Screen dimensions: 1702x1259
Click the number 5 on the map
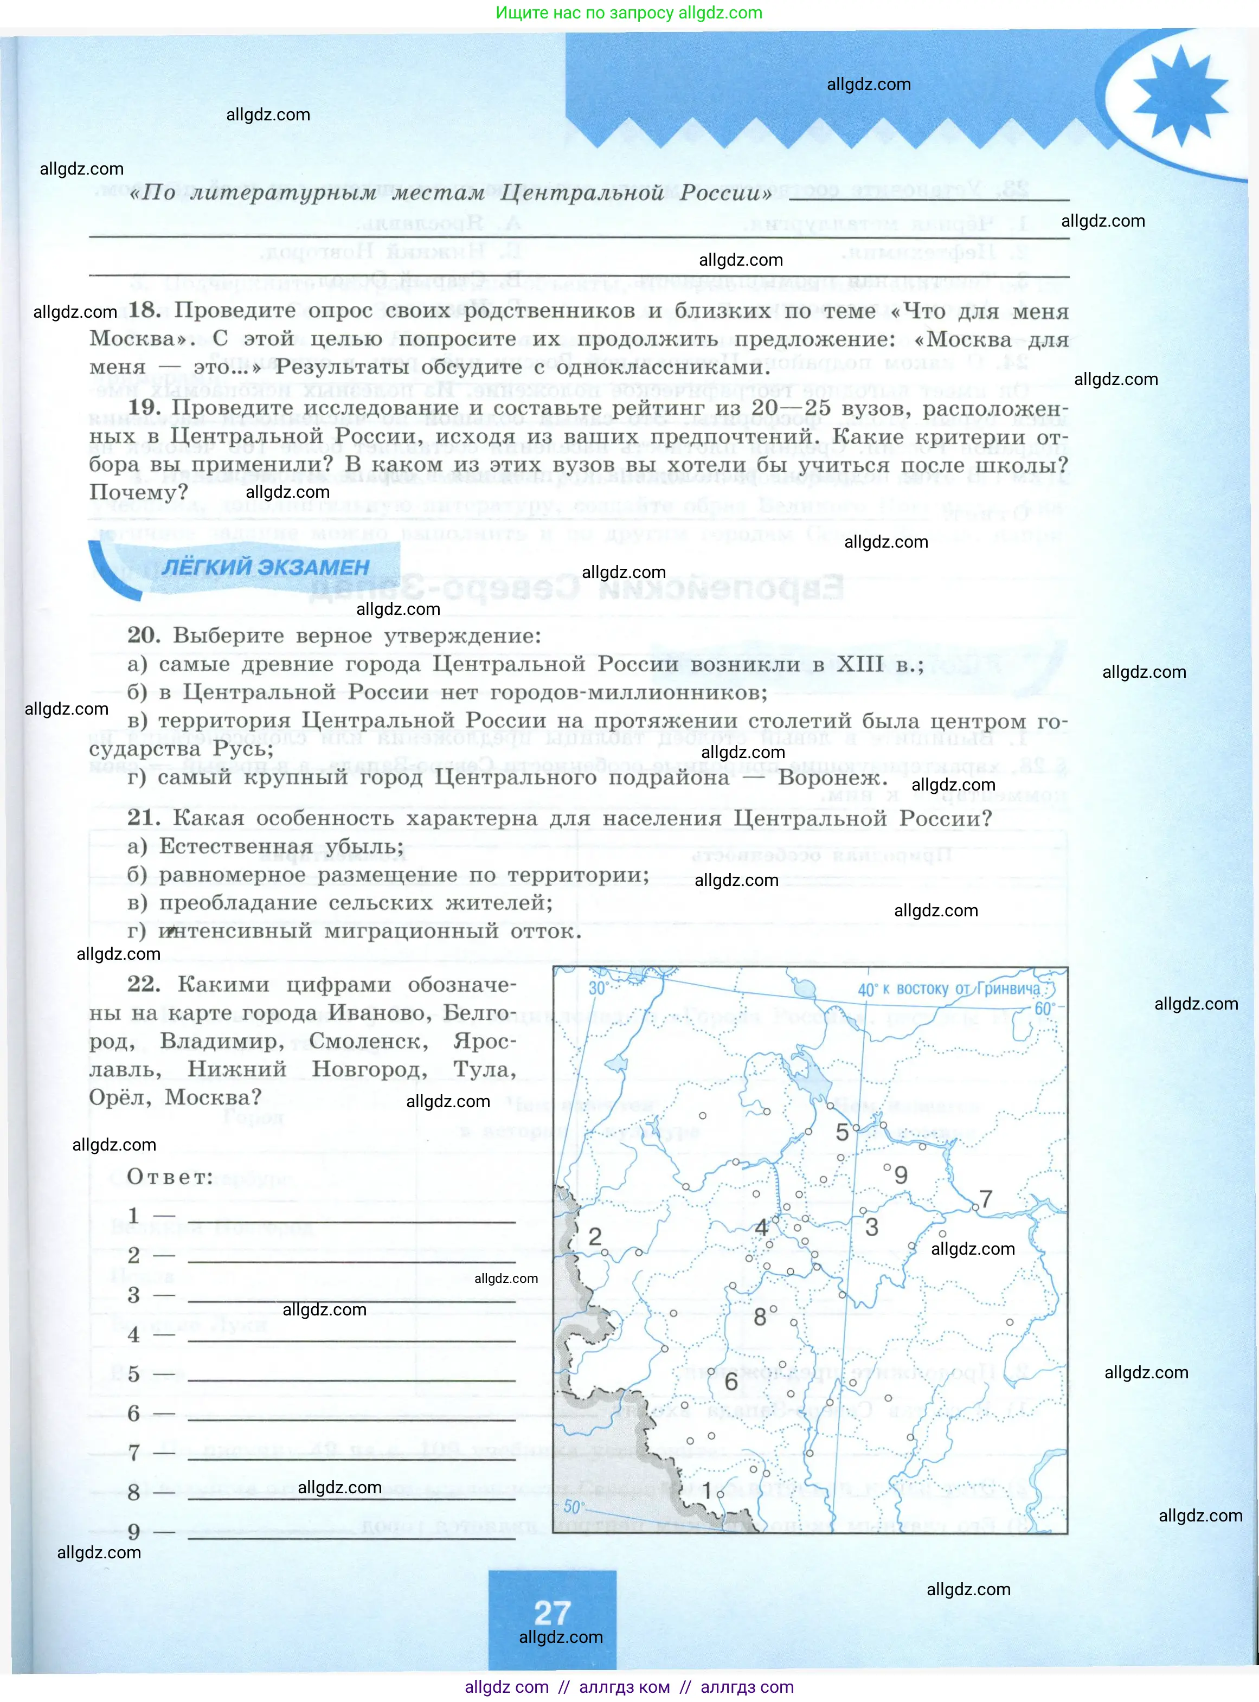[x=842, y=1132]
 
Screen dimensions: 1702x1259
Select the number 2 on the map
[x=594, y=1236]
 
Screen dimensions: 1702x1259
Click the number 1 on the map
[x=706, y=1490]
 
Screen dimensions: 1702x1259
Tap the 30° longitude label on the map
[x=597, y=988]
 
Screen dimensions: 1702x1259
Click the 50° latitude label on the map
[x=573, y=1507]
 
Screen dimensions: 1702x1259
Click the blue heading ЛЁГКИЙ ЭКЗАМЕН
[x=265, y=567]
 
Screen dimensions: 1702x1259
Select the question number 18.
[x=144, y=310]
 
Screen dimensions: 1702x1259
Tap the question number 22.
[x=144, y=984]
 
